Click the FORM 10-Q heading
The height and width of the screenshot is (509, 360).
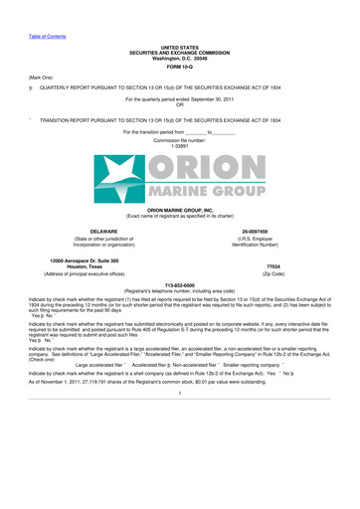point(179,66)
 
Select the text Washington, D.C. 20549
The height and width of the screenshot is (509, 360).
point(179,57)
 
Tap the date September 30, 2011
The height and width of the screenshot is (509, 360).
point(220,100)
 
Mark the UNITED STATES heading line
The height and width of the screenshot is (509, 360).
point(179,46)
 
